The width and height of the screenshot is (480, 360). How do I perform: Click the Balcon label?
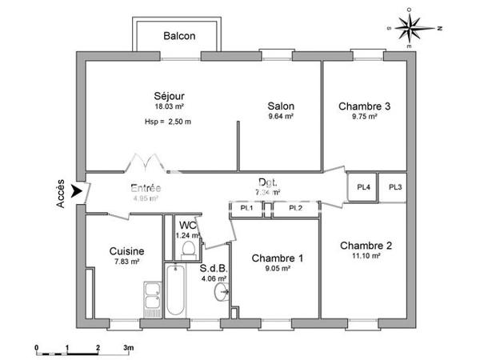[x=179, y=36]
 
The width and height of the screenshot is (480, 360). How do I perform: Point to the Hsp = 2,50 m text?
[x=167, y=122]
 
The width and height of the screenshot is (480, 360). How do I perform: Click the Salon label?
[x=280, y=106]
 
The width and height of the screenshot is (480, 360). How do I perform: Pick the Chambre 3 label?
[x=364, y=106]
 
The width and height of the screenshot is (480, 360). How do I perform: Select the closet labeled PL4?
[x=362, y=187]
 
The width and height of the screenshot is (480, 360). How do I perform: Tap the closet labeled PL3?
[x=395, y=187]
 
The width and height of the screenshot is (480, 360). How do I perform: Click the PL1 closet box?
[x=246, y=209]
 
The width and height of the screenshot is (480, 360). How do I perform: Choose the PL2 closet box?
[x=295, y=209]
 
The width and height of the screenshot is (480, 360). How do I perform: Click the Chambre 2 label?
[x=365, y=245]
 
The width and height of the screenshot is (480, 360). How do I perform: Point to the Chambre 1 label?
[x=277, y=258]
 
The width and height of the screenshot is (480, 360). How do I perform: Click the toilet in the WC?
[x=189, y=250]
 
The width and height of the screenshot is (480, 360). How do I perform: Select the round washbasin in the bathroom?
[x=222, y=293]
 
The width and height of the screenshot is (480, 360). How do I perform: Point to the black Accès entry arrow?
[x=77, y=191]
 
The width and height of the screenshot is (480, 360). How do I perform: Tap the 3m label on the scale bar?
[x=128, y=349]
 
